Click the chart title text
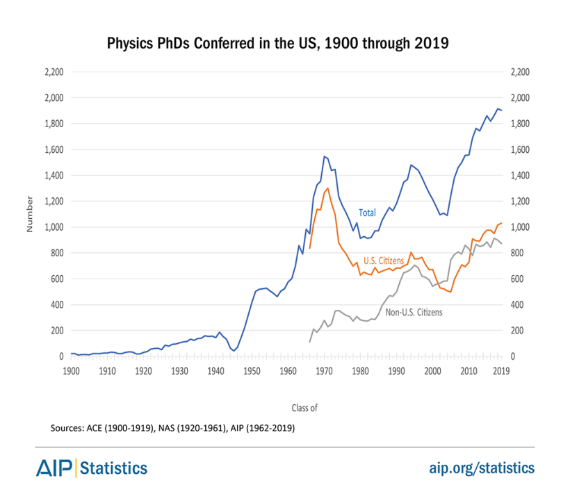(278, 43)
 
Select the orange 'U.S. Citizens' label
(384, 261)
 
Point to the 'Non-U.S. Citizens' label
(414, 313)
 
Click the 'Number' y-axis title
(30, 215)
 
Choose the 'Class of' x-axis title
(304, 408)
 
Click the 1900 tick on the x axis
(70, 371)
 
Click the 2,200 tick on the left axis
(54, 72)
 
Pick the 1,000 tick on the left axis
(54, 227)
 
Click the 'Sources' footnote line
(172, 429)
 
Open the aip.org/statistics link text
(480, 468)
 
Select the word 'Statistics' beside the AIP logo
(115, 468)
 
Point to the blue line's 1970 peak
(324, 156)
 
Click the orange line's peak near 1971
(327, 188)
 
